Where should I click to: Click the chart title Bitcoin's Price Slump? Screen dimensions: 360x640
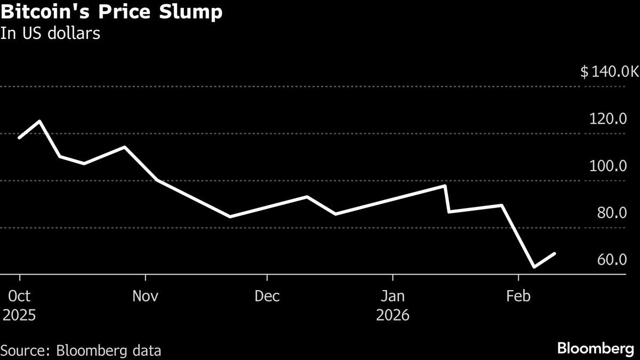(111, 12)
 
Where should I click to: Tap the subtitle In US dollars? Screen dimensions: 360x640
(51, 33)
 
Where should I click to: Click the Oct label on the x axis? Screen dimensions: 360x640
(19, 296)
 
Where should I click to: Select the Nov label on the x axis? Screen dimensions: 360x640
(145, 296)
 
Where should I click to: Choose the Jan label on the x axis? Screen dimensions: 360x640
(393, 296)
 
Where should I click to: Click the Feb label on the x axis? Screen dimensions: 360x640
(518, 296)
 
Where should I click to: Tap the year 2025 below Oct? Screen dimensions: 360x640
(19, 315)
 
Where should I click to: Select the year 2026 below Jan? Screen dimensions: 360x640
(393, 315)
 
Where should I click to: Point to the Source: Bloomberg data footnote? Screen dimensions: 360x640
(81, 350)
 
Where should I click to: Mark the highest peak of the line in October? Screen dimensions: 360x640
(39, 122)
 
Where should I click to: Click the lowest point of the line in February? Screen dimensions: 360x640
(534, 267)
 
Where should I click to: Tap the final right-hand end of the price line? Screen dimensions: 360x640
(555, 254)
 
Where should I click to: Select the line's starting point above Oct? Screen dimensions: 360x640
(20, 138)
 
